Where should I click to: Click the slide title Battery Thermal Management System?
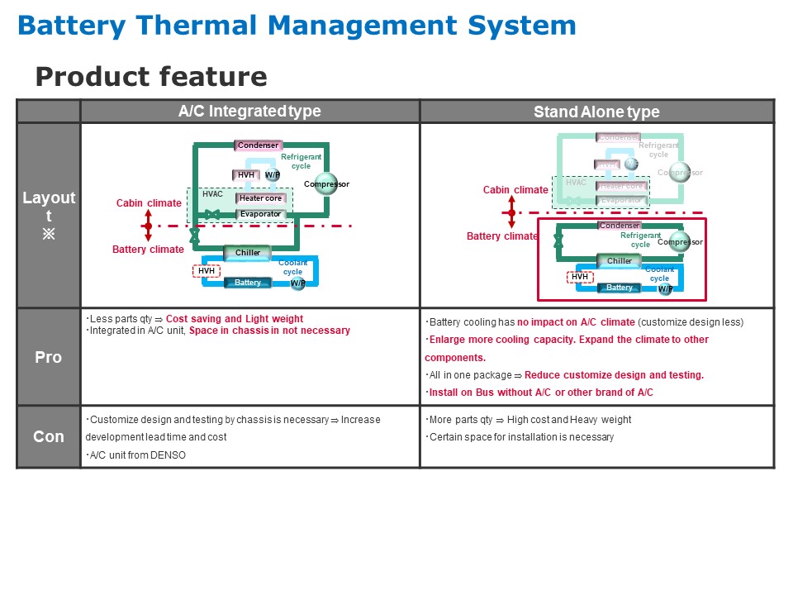(x=296, y=25)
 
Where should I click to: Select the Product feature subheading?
(x=151, y=77)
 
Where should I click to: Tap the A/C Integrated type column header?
(x=249, y=111)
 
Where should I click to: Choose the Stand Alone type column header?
(x=596, y=112)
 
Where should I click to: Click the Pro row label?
(x=48, y=357)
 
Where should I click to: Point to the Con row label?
(x=48, y=436)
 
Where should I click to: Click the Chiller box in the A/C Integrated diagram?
(x=248, y=253)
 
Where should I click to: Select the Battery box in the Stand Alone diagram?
(x=620, y=288)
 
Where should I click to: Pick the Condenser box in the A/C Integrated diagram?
(x=259, y=145)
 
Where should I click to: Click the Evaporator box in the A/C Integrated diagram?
(x=260, y=214)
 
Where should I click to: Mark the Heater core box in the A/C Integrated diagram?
(x=260, y=198)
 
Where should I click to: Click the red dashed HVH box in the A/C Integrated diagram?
(x=207, y=270)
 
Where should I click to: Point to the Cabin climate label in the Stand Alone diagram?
(x=515, y=190)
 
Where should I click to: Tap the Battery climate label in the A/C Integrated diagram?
(x=149, y=250)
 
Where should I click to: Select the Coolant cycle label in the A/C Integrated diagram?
(x=292, y=267)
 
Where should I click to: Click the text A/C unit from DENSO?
(x=138, y=455)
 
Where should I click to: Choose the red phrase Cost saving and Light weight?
(x=235, y=319)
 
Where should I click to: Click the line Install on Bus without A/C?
(x=539, y=393)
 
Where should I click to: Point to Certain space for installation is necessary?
(x=521, y=437)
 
